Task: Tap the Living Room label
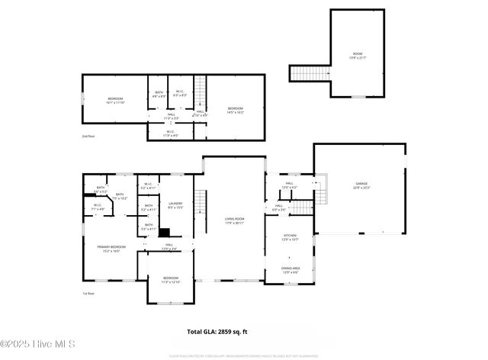tap(233, 220)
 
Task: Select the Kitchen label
tap(290, 237)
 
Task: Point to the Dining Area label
tap(290, 269)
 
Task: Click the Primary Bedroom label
tap(111, 249)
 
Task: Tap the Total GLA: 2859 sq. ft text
tap(217, 332)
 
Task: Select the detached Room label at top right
tap(358, 55)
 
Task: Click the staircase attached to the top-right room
tap(310, 73)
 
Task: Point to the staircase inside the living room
tap(201, 203)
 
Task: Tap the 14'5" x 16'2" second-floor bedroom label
tap(236, 111)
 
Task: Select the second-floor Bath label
tap(158, 95)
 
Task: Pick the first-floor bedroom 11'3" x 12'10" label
tap(169, 280)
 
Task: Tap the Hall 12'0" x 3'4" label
tap(169, 246)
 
